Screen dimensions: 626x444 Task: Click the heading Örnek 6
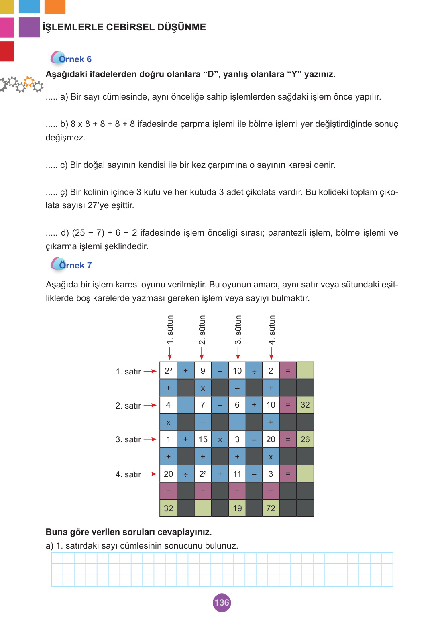coord(75,59)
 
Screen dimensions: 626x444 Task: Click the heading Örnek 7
coord(75,266)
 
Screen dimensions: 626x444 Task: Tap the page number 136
coord(222,602)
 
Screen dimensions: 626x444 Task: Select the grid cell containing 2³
coord(168,371)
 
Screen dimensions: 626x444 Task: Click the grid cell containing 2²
coord(203,474)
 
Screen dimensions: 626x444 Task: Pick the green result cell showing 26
coord(305,439)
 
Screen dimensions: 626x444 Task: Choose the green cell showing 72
coord(271,508)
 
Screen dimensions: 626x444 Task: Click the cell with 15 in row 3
coord(203,439)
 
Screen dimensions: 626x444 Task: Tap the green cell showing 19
coord(237,508)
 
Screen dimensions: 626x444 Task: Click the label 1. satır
coord(128,372)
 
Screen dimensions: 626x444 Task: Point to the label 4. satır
coord(128,474)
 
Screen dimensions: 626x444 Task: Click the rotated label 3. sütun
coord(238,330)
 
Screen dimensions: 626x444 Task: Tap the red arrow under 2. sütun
coord(202,353)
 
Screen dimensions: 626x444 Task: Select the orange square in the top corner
coord(55,6)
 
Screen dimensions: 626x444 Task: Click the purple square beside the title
coord(29,27)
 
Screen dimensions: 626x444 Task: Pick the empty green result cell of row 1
coord(305,371)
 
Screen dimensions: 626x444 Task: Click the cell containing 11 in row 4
coord(237,474)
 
